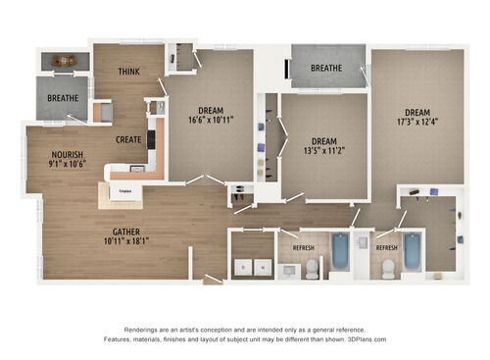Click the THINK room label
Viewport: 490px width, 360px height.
click(128, 72)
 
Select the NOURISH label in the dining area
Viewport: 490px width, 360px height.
click(68, 155)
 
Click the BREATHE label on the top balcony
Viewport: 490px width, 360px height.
click(325, 69)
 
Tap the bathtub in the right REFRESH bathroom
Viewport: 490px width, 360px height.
click(412, 252)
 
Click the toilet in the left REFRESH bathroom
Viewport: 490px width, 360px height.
click(312, 267)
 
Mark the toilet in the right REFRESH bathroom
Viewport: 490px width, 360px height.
click(388, 268)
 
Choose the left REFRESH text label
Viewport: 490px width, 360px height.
click(303, 248)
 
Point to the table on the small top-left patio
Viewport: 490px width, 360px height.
click(65, 61)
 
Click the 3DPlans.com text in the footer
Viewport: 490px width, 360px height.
click(366, 339)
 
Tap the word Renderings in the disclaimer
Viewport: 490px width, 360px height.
click(142, 330)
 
